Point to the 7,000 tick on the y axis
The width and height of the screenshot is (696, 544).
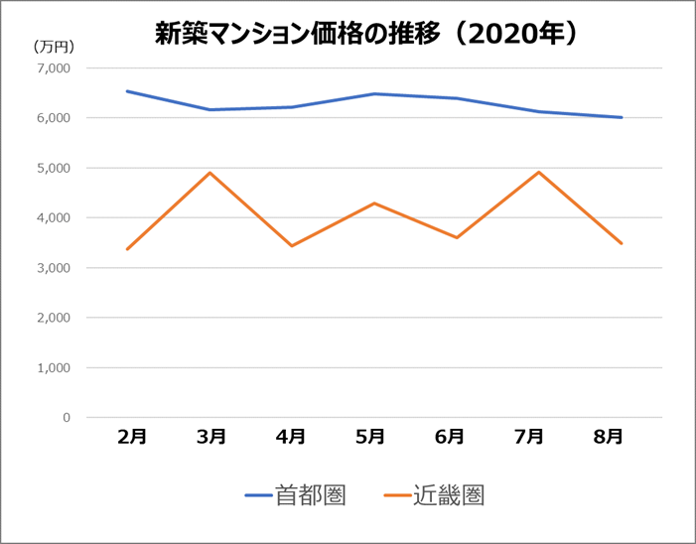[x=53, y=68]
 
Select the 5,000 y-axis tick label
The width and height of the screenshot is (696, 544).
[x=53, y=168]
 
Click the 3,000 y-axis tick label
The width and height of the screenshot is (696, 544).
[x=53, y=268]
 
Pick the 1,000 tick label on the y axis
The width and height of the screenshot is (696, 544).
[x=53, y=367]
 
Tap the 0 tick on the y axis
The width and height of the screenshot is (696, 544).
[x=66, y=418]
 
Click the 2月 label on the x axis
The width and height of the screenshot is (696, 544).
[x=132, y=437]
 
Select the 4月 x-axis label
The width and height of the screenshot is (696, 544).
[x=291, y=437]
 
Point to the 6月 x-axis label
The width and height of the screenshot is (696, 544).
[x=450, y=437]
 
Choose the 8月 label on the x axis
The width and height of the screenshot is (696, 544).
[x=609, y=437]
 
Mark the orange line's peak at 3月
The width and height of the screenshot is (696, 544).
[x=210, y=173]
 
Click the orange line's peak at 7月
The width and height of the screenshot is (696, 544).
[x=537, y=172]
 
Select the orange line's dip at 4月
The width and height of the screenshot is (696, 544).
[x=291, y=245]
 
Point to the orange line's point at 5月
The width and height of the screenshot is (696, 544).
[x=373, y=203]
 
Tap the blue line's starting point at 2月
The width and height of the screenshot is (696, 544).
[x=127, y=91]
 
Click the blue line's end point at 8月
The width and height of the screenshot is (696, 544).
[x=622, y=117]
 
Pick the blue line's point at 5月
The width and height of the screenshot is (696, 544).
[x=373, y=94]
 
